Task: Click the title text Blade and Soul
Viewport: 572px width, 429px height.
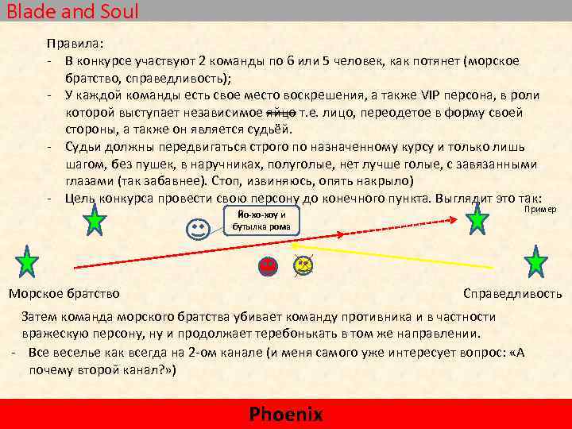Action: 72,11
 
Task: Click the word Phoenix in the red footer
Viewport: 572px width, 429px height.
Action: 286,414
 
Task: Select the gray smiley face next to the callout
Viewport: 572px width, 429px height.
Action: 197,230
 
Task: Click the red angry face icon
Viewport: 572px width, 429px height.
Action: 269,266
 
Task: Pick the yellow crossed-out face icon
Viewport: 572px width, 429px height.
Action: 303,266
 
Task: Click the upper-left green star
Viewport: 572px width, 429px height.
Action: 95,221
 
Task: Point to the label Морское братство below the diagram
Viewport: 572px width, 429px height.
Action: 64,294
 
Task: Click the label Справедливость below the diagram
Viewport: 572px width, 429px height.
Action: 512,294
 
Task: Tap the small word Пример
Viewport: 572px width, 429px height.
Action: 540,208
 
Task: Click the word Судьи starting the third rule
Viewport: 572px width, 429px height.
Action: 83,147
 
